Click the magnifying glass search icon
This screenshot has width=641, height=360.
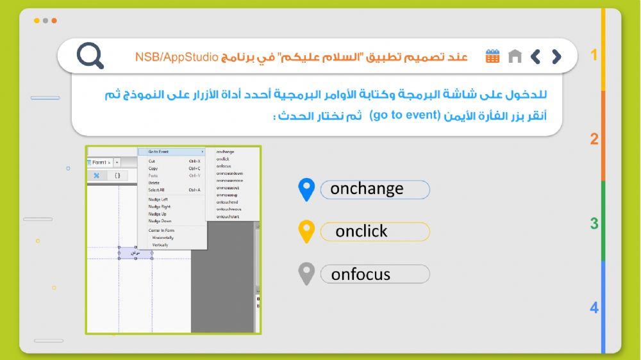(x=90, y=56)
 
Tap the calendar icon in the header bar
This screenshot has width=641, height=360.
(x=492, y=56)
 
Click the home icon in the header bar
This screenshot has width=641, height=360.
(x=515, y=56)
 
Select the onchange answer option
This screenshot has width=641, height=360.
(x=374, y=189)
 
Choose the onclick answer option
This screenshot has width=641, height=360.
(x=374, y=231)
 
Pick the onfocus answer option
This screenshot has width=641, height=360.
(x=374, y=274)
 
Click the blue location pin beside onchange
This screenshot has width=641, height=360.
(x=307, y=189)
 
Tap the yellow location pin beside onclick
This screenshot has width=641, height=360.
(x=307, y=231)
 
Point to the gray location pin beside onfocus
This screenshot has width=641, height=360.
(x=307, y=273)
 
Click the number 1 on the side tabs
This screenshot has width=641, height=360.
(x=594, y=55)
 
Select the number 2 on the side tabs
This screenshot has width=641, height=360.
(x=594, y=139)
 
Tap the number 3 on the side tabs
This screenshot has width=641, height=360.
(x=594, y=224)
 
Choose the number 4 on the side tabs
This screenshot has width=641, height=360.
(x=594, y=308)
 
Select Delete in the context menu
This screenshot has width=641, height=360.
(x=154, y=183)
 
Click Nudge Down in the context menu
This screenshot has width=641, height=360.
(x=160, y=221)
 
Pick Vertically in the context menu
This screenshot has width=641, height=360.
(x=160, y=245)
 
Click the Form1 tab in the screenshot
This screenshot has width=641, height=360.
(x=101, y=163)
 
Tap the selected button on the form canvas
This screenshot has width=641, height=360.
(x=135, y=254)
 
